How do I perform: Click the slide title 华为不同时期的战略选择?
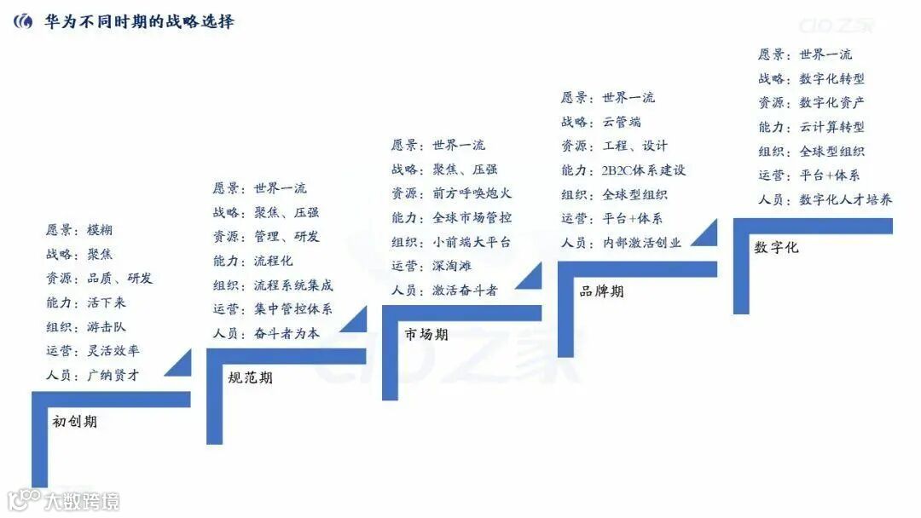(139, 21)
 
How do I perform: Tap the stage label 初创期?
(75, 421)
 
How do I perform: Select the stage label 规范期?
(251, 377)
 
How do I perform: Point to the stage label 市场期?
(426, 334)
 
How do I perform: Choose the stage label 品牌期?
(601, 291)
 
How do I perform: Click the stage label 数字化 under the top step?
(776, 247)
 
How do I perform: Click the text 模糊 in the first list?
(100, 230)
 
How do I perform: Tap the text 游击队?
(106, 326)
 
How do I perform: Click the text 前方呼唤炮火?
(472, 193)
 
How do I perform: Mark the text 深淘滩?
(453, 266)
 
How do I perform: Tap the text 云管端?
(622, 122)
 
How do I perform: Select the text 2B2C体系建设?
(644, 170)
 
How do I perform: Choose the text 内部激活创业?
(642, 242)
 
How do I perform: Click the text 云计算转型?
(831, 126)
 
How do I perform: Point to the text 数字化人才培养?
(845, 199)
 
